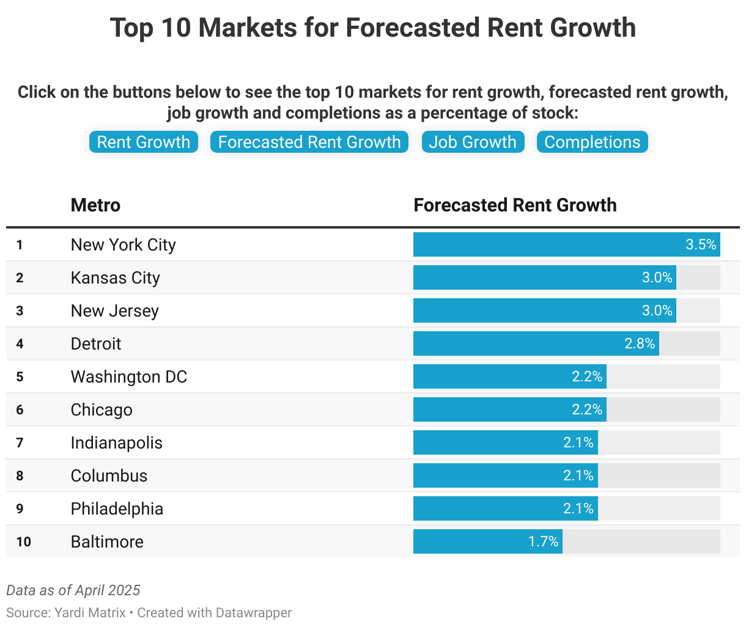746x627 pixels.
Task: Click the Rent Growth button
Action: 144,142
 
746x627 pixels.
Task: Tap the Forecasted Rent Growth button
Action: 309,142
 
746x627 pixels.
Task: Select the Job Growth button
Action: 473,142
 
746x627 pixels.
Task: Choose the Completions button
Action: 592,142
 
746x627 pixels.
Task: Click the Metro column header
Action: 95,205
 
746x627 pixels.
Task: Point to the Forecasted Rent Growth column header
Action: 515,205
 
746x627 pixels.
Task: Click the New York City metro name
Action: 124,245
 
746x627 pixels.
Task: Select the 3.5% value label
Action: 701,245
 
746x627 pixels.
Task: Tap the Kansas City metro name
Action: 116,278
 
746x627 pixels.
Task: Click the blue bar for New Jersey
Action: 526,311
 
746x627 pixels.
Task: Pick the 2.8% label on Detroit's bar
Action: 640,344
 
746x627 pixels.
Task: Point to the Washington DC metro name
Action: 129,377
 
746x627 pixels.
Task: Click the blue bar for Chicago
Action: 489,410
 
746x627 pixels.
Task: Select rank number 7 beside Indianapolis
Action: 20,443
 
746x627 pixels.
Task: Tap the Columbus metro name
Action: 109,476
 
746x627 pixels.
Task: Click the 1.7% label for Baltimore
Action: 544,542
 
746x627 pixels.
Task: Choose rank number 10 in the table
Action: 23,542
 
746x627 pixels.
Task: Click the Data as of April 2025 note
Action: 73,590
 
